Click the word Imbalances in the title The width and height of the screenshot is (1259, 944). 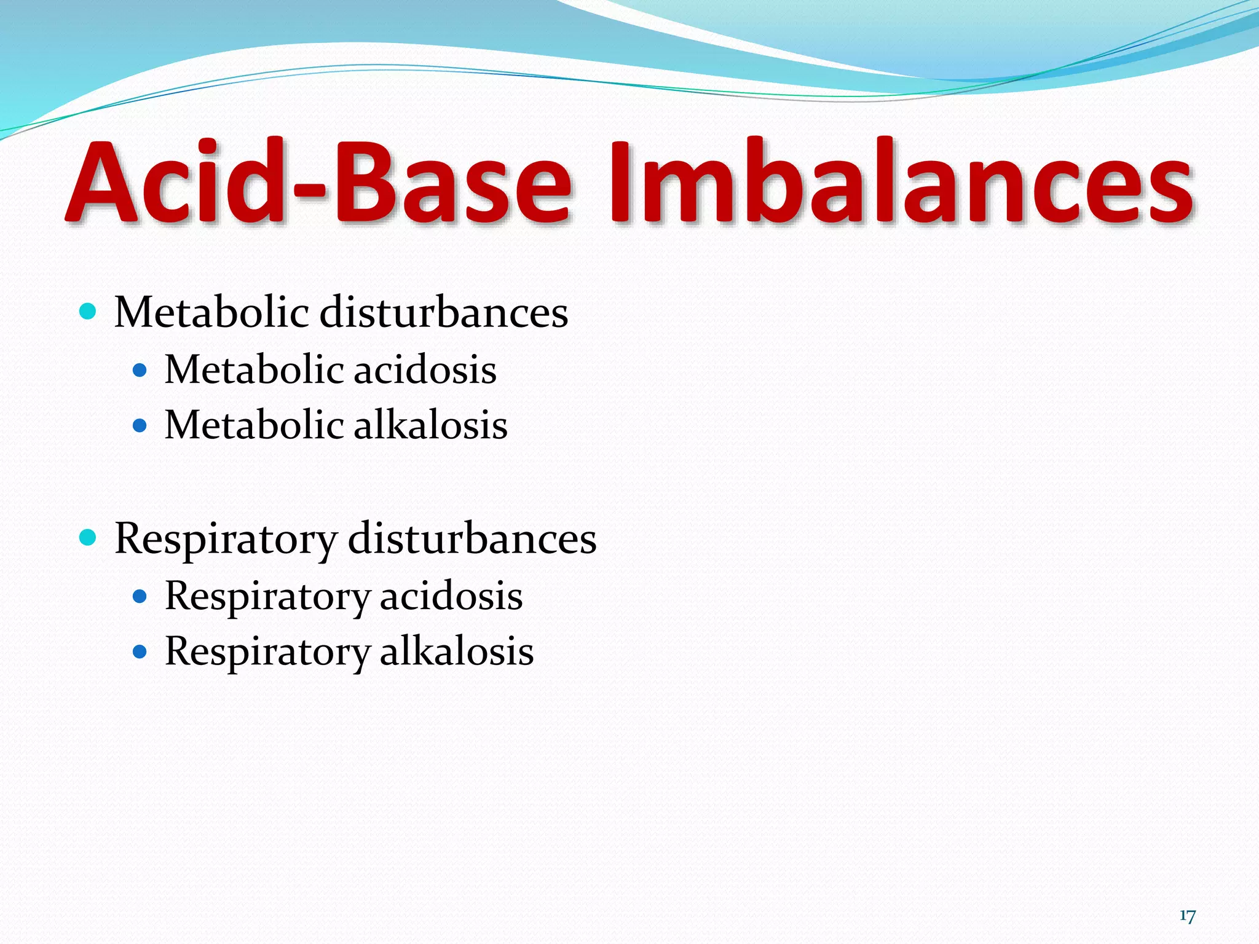point(901,183)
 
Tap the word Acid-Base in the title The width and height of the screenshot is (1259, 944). point(320,183)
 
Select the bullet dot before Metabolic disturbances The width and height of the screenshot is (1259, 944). point(89,312)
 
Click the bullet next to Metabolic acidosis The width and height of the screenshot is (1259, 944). point(140,371)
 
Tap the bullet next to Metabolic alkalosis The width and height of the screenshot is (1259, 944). point(140,425)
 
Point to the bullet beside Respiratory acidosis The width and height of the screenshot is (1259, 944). point(140,596)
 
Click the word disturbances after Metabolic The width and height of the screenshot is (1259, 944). point(444,312)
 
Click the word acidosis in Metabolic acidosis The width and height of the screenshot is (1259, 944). point(425,371)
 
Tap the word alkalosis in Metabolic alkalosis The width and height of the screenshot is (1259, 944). point(430,425)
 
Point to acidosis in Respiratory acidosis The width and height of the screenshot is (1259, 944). point(451,596)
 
